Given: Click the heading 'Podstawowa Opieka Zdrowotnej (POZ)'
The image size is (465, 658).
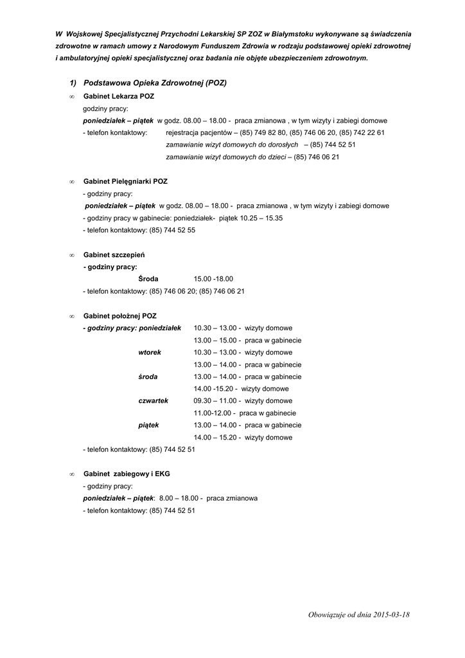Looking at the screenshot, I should point(155,84).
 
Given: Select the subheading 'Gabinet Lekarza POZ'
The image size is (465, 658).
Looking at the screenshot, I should point(119,96).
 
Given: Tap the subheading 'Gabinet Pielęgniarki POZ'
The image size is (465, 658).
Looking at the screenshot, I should point(125,182).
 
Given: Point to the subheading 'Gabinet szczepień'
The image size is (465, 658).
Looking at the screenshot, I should point(114,255).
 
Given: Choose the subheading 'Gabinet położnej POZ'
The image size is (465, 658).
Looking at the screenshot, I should point(120,316).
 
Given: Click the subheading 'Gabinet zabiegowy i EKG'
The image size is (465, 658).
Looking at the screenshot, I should point(127,474).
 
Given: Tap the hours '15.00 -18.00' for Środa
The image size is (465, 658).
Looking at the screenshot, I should point(213,279).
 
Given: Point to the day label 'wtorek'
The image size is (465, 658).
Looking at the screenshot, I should point(150,353).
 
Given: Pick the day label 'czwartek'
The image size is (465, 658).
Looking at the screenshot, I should point(153,400).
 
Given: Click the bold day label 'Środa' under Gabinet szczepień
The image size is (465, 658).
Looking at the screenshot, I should point(148,279).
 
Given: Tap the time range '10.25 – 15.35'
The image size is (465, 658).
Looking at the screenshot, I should point(261,218).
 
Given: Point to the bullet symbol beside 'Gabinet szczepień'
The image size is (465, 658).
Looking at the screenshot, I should point(71,256).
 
